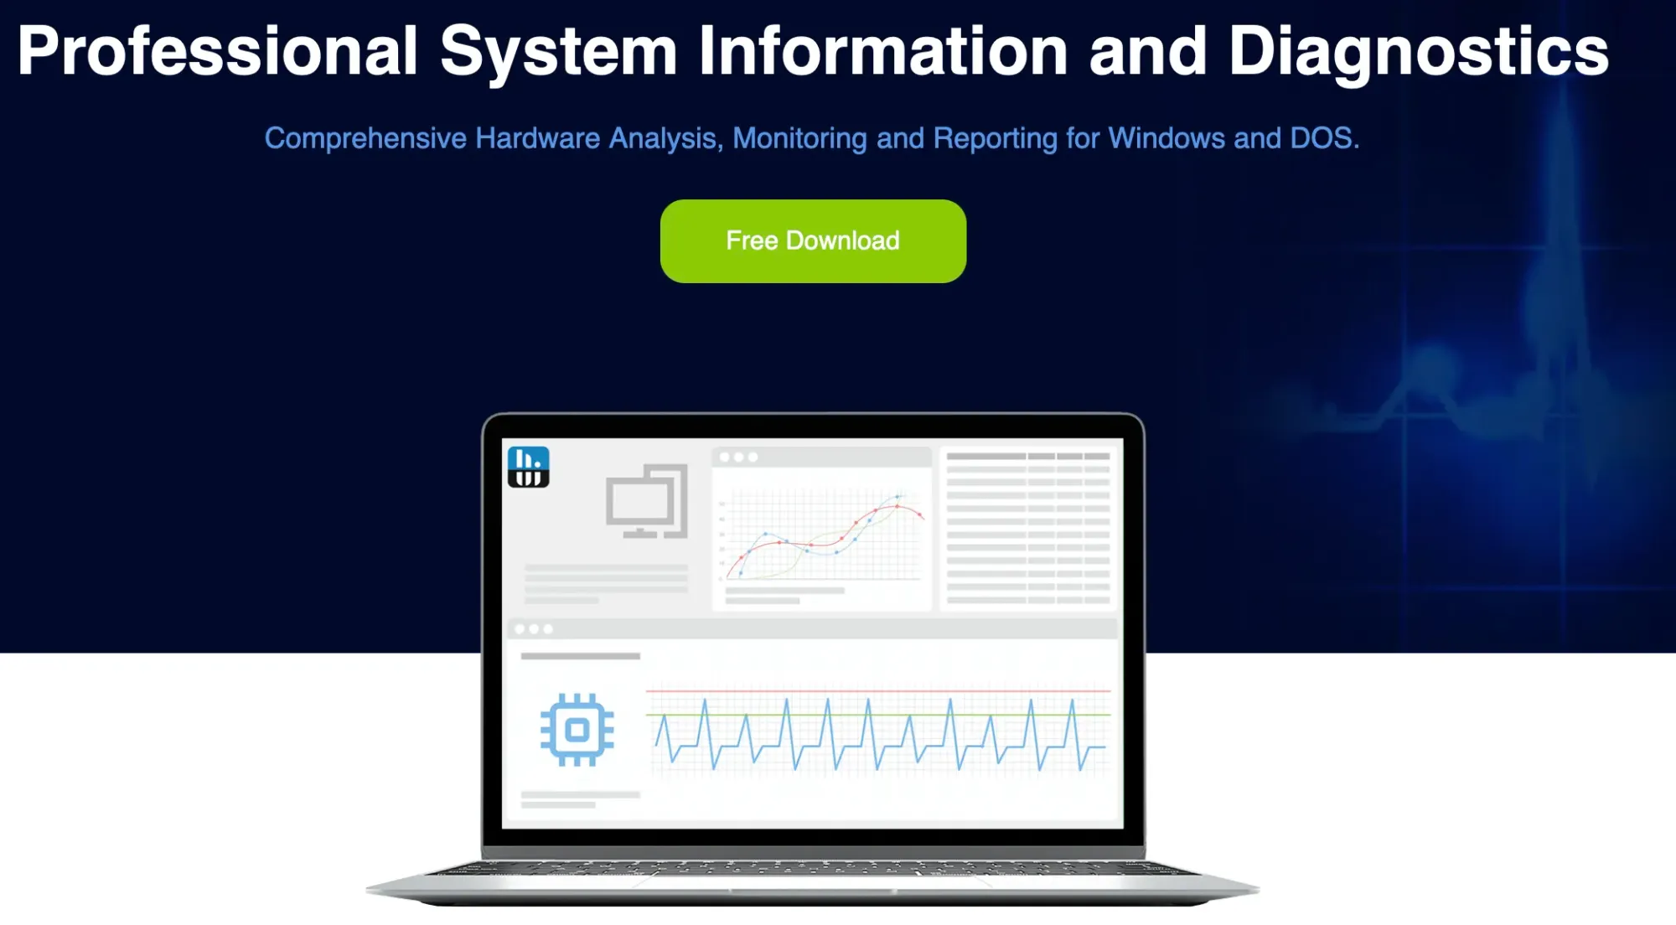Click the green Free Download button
pyautogui.click(x=813, y=241)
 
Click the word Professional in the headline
pyautogui.click(x=218, y=52)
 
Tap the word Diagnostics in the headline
pyautogui.click(x=1418, y=52)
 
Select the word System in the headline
pyautogui.click(x=558, y=52)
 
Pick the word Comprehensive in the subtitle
pyautogui.click(x=365, y=138)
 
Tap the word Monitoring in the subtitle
pyautogui.click(x=799, y=138)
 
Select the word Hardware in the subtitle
pyautogui.click(x=538, y=138)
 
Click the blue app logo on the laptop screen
pyautogui.click(x=528, y=466)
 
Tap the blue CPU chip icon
pyautogui.click(x=577, y=730)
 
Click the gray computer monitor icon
pyautogui.click(x=647, y=501)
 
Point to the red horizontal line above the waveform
pyautogui.click(x=878, y=691)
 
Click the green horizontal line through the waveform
pyautogui.click(x=878, y=715)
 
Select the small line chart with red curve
pyautogui.click(x=822, y=536)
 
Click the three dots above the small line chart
pyautogui.click(x=738, y=457)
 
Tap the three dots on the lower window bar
pyautogui.click(x=534, y=628)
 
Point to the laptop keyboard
pyautogui.click(x=813, y=869)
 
